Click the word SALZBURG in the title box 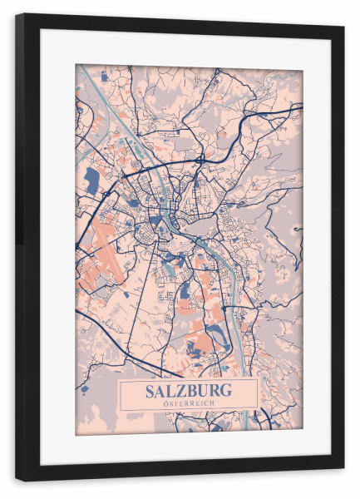189,390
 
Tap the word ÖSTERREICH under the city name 189,403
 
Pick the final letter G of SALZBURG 227,390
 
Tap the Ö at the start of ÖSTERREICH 166,403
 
